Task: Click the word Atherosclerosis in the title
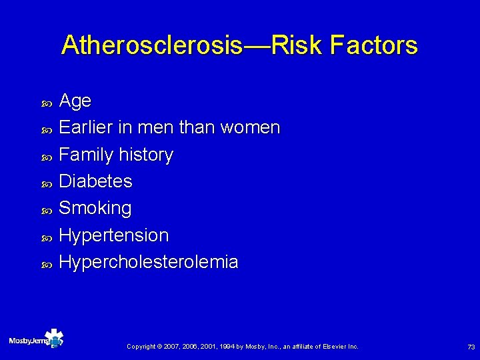(x=151, y=45)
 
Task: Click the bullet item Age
(x=75, y=101)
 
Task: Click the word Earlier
(x=87, y=127)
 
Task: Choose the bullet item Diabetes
(x=96, y=181)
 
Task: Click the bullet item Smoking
(x=95, y=208)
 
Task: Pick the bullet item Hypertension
(x=114, y=235)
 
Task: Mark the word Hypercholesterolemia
(x=149, y=262)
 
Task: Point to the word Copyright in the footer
(x=141, y=347)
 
